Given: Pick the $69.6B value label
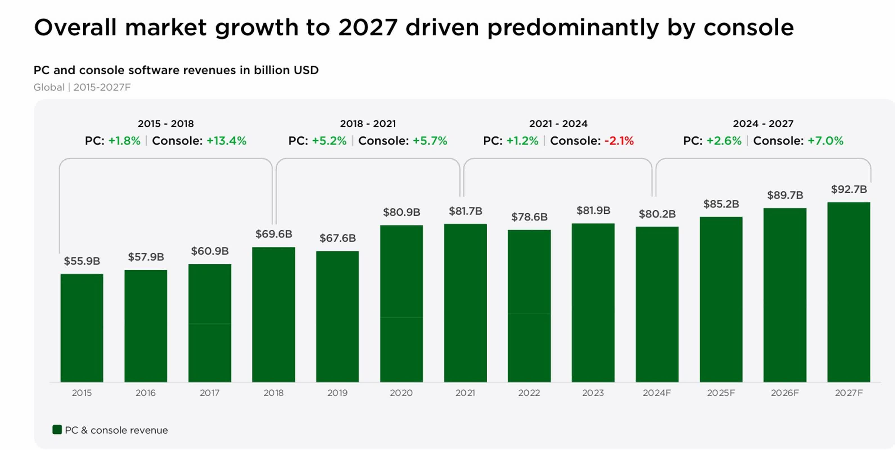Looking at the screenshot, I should tap(274, 234).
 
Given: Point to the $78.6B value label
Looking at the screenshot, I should tap(529, 217).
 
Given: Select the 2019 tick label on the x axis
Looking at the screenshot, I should tap(337, 393).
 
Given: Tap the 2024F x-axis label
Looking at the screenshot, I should tap(657, 393).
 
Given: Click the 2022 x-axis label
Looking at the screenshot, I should tap(529, 393).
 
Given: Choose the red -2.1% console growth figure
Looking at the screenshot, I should tap(619, 141).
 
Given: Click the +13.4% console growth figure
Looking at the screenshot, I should tap(227, 141).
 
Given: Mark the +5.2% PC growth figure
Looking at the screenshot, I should tap(329, 141).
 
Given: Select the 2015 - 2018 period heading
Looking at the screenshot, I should tap(166, 124).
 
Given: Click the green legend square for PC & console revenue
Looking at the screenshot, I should tap(57, 429).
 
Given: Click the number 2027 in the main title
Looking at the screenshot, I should tap(368, 28).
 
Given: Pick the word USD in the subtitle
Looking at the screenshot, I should tap(306, 70).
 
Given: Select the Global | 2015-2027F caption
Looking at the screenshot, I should tap(82, 87).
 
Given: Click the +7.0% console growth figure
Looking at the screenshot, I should tap(825, 141).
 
